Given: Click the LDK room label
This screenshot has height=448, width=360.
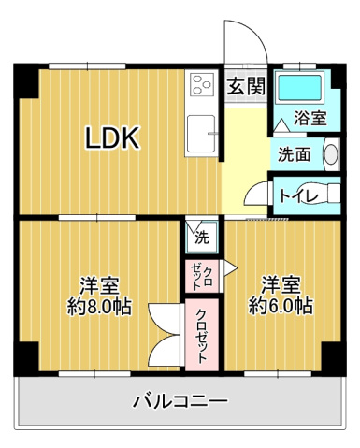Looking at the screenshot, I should point(112,139).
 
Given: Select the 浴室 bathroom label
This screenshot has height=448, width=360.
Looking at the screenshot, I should point(310,119).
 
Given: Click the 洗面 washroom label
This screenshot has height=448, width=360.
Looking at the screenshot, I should point(292,154).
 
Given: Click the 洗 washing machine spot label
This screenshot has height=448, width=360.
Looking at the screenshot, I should point(201,238).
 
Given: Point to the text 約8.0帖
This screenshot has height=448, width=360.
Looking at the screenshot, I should point(99,306).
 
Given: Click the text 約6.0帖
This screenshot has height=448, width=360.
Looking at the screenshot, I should point(280,305).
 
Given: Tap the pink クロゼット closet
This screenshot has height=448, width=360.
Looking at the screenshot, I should point(202,332).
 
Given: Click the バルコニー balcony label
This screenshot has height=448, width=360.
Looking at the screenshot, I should point(180,401).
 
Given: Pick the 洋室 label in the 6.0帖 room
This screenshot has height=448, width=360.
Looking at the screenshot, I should point(280,283).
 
